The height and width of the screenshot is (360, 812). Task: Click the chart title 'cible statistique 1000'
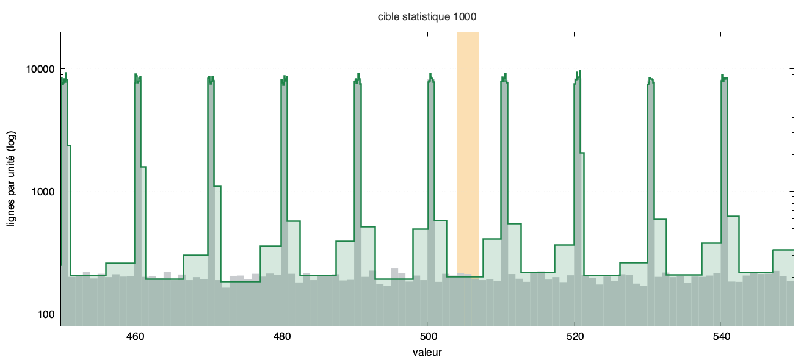427,16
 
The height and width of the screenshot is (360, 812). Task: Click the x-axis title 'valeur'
427,352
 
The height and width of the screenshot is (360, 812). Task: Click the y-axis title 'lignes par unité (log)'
11,179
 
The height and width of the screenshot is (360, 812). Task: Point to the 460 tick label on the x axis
135,336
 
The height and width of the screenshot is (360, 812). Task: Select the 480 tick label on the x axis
281,336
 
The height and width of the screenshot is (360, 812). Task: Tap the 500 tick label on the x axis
428,336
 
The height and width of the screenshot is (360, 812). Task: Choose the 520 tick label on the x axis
575,336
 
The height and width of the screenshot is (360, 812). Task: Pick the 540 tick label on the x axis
722,336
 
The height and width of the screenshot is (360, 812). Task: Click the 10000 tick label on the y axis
40,69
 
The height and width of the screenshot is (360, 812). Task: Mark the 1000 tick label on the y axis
43,191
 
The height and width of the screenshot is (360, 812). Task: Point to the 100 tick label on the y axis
46,314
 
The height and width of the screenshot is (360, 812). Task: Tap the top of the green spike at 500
430,73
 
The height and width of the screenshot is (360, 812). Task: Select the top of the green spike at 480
285,76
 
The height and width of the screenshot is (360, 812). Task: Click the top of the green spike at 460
136,74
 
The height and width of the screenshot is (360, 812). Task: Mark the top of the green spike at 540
722,75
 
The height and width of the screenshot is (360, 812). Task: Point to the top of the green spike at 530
650,78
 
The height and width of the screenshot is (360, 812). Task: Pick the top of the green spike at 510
505,73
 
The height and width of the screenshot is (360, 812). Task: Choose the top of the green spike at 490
358,73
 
